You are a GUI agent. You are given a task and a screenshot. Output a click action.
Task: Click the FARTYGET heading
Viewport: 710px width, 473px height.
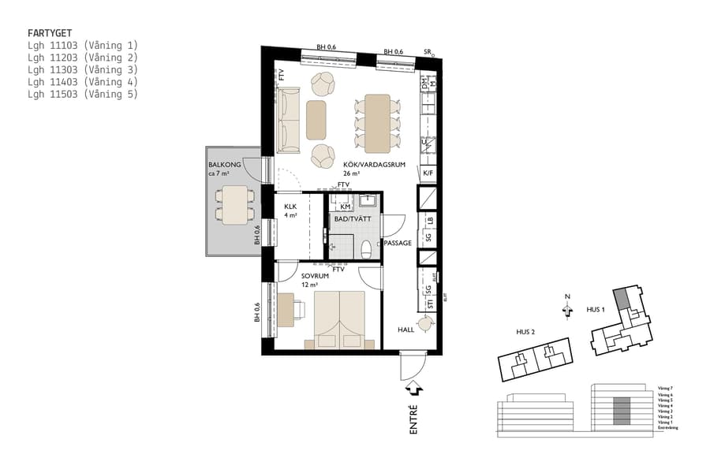pyautogui.click(x=50, y=34)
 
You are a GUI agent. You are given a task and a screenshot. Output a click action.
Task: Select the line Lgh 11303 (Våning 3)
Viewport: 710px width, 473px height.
pyautogui.click(x=82, y=69)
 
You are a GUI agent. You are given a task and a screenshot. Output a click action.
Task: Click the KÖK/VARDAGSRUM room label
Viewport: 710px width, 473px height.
pyautogui.click(x=373, y=165)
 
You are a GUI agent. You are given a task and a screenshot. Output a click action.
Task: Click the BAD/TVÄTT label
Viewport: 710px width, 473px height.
pyautogui.click(x=350, y=219)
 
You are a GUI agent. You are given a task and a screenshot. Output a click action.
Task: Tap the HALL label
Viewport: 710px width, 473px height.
pyautogui.click(x=405, y=330)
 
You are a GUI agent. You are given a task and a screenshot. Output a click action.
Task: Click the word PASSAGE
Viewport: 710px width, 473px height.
pyautogui.click(x=398, y=243)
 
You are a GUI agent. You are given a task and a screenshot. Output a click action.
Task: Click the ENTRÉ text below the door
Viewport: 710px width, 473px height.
pyautogui.click(x=413, y=418)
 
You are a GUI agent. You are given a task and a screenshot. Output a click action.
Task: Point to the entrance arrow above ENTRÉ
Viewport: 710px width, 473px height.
pyautogui.click(x=413, y=389)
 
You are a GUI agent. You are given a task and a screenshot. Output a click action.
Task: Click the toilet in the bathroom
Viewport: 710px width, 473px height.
pyautogui.click(x=366, y=250)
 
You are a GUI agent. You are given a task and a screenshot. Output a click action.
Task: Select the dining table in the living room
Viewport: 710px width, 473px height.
pyautogui.click(x=377, y=123)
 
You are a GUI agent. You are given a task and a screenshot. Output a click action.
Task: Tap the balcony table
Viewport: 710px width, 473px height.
pyautogui.click(x=235, y=204)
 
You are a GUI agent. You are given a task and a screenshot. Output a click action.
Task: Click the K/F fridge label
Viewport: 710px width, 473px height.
pyautogui.click(x=428, y=173)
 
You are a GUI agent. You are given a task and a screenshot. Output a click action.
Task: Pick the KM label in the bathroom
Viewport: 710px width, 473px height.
pyautogui.click(x=345, y=206)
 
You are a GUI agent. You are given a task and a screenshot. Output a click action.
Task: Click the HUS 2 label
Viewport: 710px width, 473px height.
pyautogui.click(x=526, y=332)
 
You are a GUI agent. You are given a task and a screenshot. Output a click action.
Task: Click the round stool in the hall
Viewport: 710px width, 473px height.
pyautogui.click(x=426, y=322)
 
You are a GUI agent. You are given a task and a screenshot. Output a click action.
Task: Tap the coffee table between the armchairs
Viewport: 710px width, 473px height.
pyautogui.click(x=316, y=120)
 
